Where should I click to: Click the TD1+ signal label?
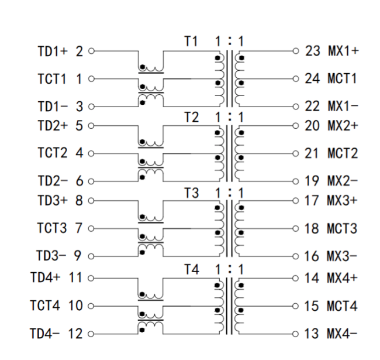(53, 52)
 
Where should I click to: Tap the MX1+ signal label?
(343, 51)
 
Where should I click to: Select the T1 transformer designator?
(191, 41)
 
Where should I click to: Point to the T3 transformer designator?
(192, 193)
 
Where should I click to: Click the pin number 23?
(312, 51)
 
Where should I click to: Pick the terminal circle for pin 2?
(91, 51)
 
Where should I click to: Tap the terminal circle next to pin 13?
(295, 334)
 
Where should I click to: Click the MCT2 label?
(343, 153)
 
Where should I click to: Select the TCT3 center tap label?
(52, 228)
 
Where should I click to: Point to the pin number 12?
(75, 334)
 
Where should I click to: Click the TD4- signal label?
(44, 334)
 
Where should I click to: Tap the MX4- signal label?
(342, 334)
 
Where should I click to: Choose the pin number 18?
(312, 228)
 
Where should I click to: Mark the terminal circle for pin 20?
(295, 126)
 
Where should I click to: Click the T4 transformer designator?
(192, 269)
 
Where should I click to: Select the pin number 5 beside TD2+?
(80, 126)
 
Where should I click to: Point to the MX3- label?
(342, 256)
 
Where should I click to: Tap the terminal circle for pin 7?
(91, 228)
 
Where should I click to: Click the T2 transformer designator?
(192, 117)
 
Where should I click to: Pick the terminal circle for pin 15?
(295, 306)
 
